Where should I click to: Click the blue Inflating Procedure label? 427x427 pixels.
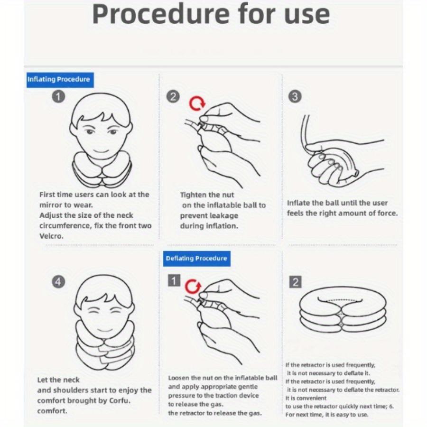click(60, 80)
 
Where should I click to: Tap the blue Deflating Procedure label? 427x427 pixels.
click(196, 259)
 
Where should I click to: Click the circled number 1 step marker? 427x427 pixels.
click(58, 96)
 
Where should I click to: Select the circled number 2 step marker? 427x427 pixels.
click(173, 96)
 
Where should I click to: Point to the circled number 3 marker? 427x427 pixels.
click(295, 96)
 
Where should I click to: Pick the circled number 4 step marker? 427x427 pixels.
click(58, 281)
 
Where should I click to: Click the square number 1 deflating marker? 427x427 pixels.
click(174, 280)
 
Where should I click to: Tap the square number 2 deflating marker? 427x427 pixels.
click(296, 282)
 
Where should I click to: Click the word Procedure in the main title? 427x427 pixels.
click(161, 14)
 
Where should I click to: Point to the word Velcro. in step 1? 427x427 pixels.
click(51, 236)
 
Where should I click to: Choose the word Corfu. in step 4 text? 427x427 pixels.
click(120, 401)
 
